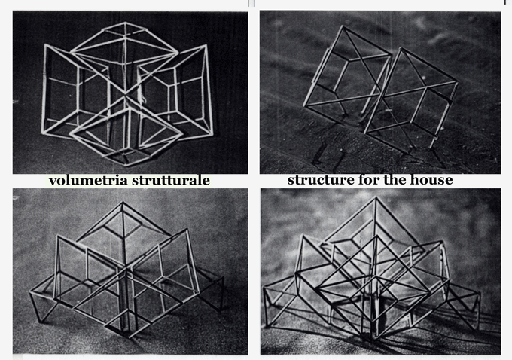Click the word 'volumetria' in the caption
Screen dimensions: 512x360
point(87,180)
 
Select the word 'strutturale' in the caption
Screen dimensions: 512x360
point(170,180)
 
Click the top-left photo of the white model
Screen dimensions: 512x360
point(130,92)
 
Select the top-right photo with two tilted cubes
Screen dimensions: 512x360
point(380,92)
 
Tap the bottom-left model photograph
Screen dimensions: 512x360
point(130,271)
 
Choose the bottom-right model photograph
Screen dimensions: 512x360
point(380,271)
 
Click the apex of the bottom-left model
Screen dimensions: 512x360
point(123,202)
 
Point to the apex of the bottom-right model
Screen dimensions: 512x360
point(376,197)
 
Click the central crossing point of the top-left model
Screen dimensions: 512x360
point(124,95)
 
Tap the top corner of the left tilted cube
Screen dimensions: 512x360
point(343,26)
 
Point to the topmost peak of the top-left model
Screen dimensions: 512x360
point(125,23)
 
